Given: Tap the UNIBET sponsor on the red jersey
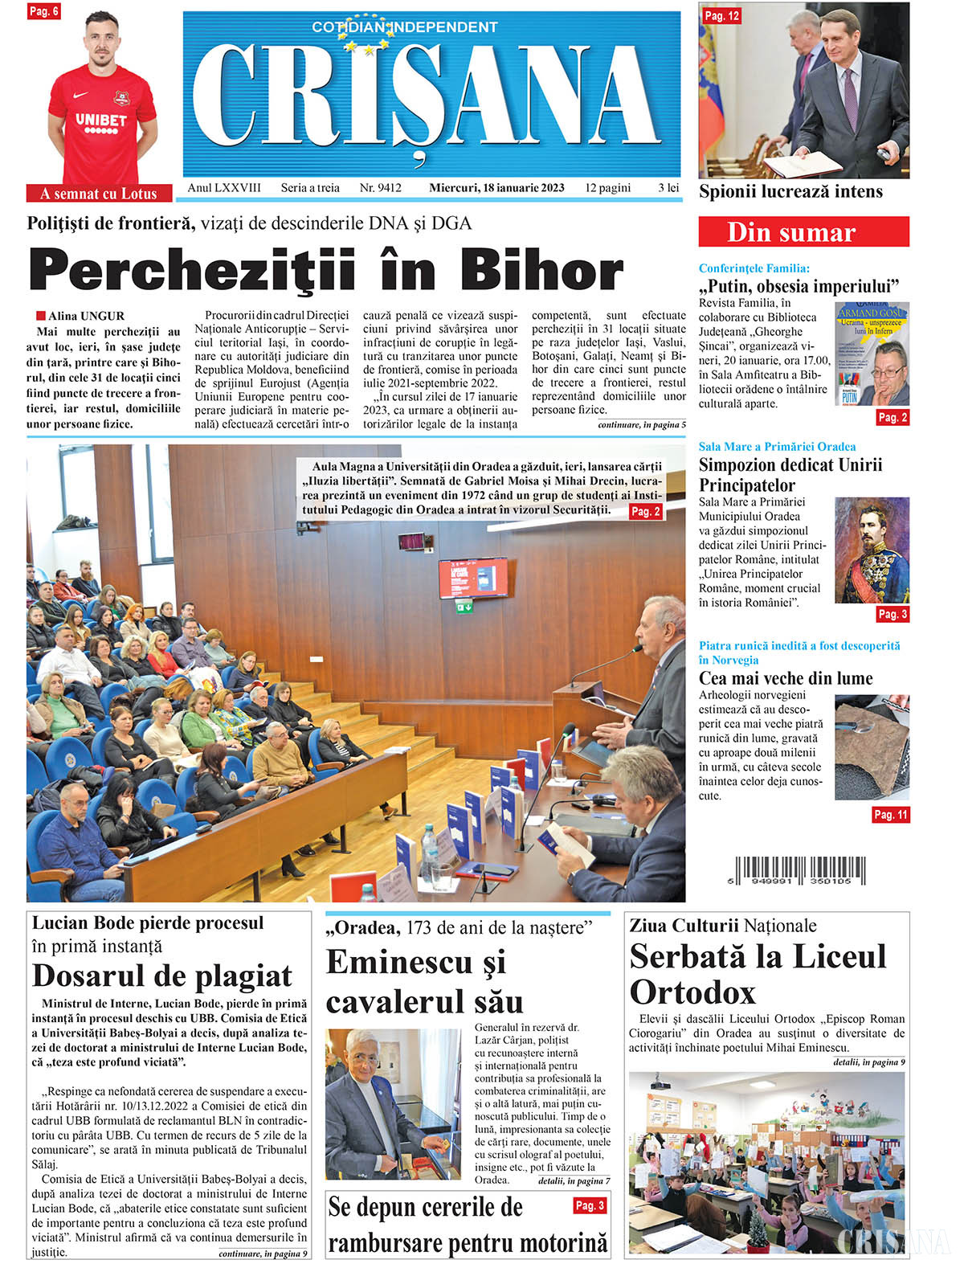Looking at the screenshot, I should pyautogui.click(x=100, y=121).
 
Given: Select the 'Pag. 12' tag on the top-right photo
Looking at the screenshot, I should pyautogui.click(x=721, y=16).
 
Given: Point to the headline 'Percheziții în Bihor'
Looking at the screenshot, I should pyautogui.click(x=326, y=271).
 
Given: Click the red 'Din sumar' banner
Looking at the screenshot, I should pyautogui.click(x=803, y=232).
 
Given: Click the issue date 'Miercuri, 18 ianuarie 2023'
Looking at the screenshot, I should pyautogui.click(x=496, y=188).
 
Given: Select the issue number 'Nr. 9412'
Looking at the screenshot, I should pyautogui.click(x=380, y=188).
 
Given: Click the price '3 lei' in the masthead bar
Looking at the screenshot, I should pyautogui.click(x=668, y=188).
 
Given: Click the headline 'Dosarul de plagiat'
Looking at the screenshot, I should pyautogui.click(x=162, y=976).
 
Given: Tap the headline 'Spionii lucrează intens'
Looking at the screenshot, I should pyautogui.click(x=790, y=192).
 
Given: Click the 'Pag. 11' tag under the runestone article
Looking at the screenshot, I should pyautogui.click(x=890, y=815).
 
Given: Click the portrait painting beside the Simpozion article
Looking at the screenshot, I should pyautogui.click(x=872, y=550).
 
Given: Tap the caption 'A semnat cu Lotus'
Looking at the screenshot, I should pyautogui.click(x=99, y=194).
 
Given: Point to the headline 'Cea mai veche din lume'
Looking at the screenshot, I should pyautogui.click(x=785, y=678).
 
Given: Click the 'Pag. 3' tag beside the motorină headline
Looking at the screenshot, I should pyautogui.click(x=589, y=1205).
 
